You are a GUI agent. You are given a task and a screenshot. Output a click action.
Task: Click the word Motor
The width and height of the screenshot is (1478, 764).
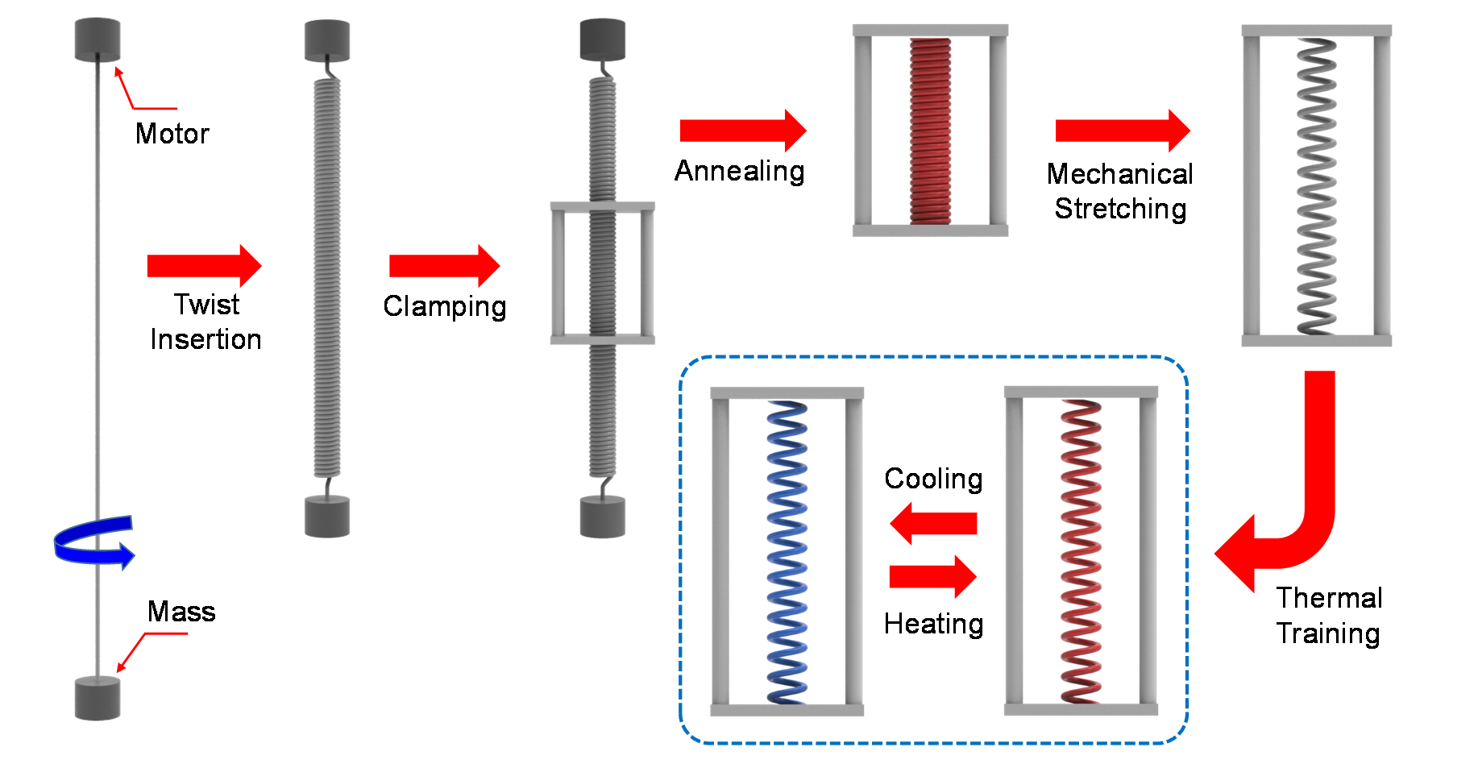(172, 134)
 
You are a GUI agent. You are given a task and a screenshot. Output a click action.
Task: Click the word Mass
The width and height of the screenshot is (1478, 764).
(181, 612)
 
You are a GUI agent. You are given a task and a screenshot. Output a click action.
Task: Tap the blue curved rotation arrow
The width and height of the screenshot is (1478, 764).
(93, 542)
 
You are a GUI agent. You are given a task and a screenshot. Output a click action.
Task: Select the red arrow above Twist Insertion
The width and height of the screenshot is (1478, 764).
(204, 265)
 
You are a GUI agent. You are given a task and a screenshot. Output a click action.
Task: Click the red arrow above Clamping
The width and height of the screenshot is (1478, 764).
(444, 265)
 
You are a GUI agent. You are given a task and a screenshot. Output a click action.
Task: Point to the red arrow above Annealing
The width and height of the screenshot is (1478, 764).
(742, 131)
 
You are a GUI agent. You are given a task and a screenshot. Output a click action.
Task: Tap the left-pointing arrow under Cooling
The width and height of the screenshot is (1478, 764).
(933, 523)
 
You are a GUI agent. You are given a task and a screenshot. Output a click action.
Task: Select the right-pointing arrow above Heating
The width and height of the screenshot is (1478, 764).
(933, 576)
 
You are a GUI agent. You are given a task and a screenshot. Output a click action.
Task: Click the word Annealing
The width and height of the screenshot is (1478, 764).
(740, 172)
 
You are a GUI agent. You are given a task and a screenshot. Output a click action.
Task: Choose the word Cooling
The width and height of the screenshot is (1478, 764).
(933, 479)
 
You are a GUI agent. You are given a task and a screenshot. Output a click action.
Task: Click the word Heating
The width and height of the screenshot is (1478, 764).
(933, 625)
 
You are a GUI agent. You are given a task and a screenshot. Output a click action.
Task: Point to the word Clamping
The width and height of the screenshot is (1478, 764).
(445, 307)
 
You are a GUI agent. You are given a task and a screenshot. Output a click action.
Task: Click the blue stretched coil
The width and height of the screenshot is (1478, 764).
(787, 552)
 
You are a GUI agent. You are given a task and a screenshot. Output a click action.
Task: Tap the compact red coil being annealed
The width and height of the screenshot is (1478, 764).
(930, 131)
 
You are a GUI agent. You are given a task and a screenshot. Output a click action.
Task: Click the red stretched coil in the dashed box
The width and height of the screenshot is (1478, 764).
(1081, 552)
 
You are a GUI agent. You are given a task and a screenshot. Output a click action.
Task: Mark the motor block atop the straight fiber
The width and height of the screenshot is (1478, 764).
(98, 39)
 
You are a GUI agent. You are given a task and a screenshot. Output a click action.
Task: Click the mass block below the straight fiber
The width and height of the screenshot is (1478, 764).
(98, 698)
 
